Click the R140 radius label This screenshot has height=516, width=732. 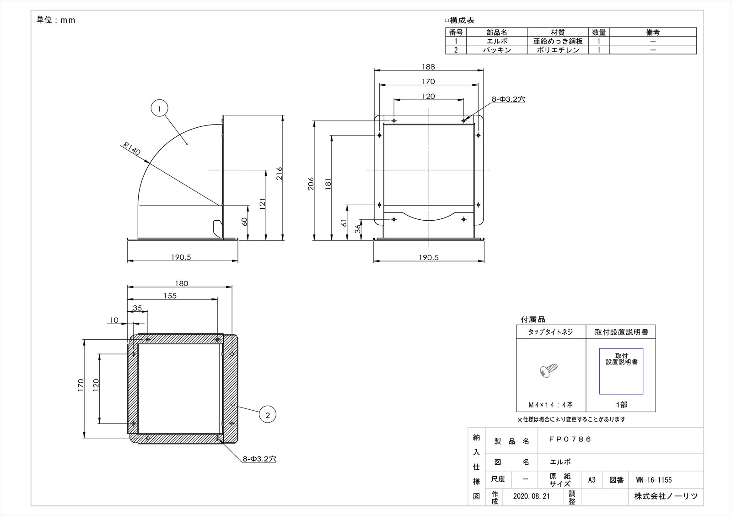(x=132, y=148)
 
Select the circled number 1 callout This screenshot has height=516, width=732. (x=160, y=108)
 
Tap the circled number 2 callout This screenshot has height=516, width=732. (x=268, y=415)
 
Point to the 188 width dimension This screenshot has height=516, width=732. (x=428, y=67)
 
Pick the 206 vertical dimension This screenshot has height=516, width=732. (x=311, y=184)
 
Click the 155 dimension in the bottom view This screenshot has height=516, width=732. (x=170, y=296)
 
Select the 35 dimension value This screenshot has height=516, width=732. (x=138, y=308)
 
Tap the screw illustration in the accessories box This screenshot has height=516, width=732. (x=549, y=370)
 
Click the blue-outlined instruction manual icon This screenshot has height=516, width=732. (x=621, y=371)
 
